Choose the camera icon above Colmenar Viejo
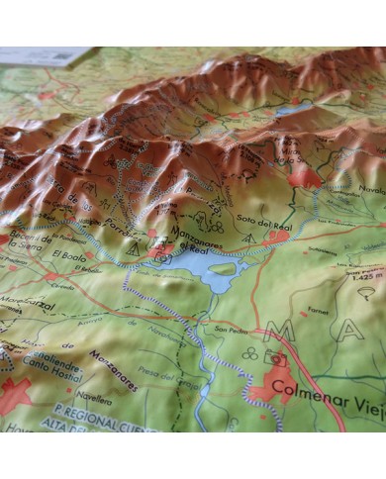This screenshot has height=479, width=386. point(278,361)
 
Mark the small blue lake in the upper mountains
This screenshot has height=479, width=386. point(292,110)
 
